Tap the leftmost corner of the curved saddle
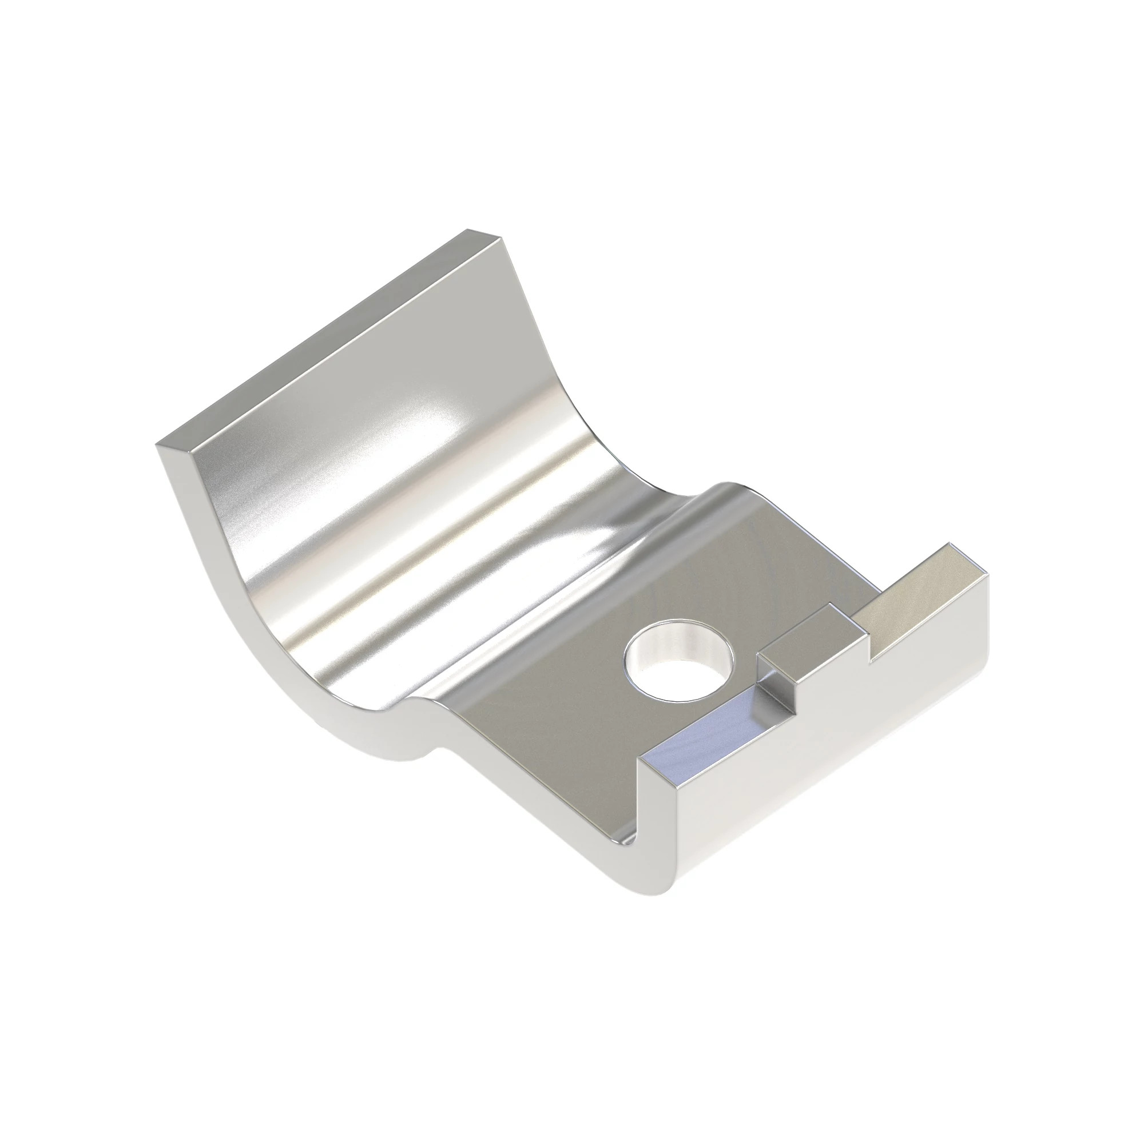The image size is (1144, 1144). pyautogui.click(x=157, y=444)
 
